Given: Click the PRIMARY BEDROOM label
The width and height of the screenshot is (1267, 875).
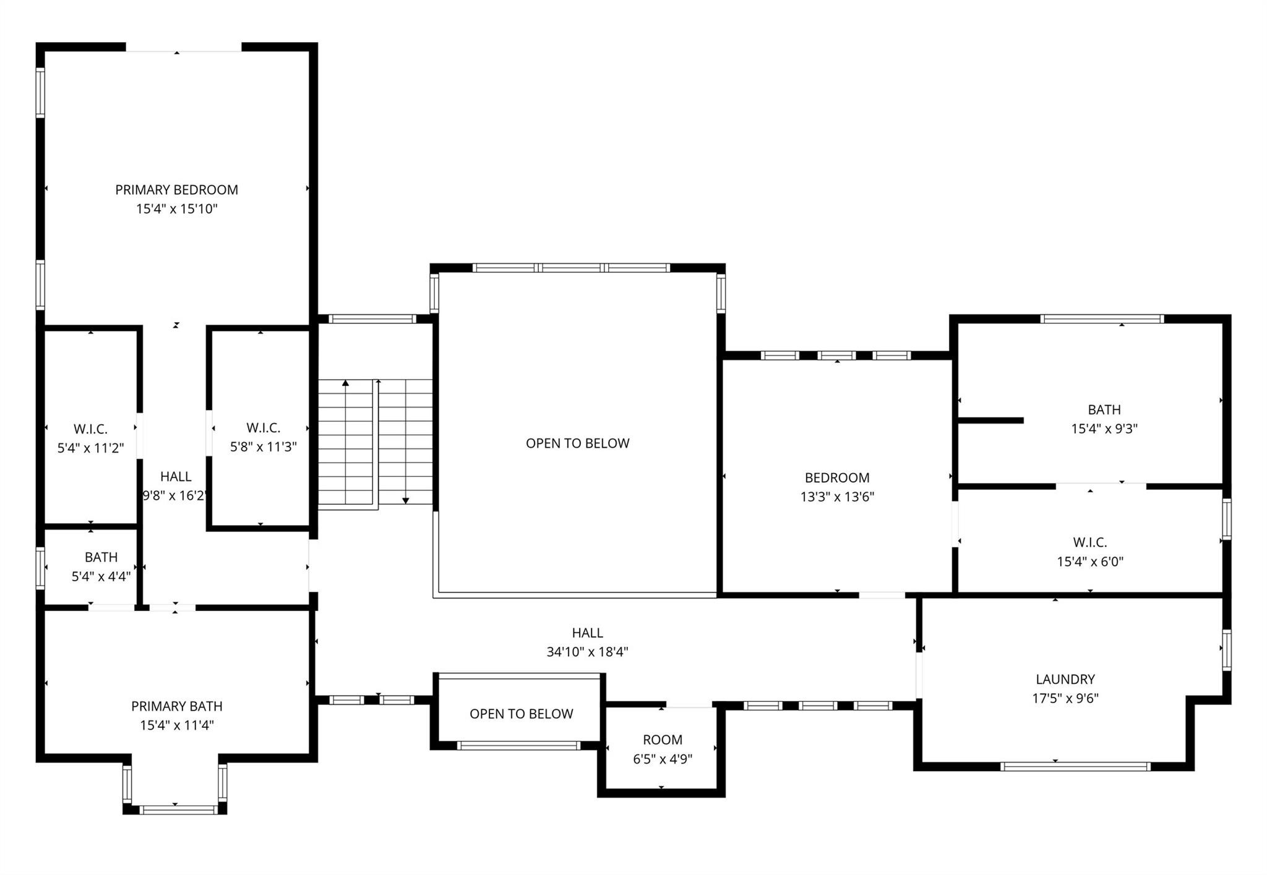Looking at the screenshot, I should [x=176, y=190].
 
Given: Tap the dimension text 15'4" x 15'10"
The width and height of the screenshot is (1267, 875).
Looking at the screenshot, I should [x=176, y=209].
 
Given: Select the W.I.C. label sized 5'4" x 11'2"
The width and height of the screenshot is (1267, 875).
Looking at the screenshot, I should [x=90, y=429].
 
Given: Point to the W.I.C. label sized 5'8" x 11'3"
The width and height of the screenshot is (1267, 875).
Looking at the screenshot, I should [x=263, y=428].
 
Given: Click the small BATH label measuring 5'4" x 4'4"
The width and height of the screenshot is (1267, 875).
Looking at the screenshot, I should [x=101, y=557].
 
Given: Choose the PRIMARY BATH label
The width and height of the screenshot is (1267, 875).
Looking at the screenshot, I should [x=176, y=706].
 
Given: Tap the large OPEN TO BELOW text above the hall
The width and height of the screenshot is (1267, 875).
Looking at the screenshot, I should [x=577, y=443].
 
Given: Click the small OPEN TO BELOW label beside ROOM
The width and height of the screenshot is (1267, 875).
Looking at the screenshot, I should [x=521, y=714].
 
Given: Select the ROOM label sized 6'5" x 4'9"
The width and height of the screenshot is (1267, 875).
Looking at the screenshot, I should [x=662, y=740].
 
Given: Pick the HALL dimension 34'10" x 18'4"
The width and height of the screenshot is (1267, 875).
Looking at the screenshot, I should [x=587, y=652].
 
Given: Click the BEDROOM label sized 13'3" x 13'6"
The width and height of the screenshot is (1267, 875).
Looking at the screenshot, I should [x=836, y=477].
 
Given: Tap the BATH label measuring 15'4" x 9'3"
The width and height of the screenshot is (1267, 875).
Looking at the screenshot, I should [x=1104, y=409].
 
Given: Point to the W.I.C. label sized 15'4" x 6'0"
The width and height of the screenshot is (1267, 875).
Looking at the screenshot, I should [x=1089, y=542].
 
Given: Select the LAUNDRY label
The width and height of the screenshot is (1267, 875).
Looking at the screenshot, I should [x=1065, y=679].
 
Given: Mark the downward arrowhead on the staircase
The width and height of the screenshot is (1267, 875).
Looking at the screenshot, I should [x=405, y=500].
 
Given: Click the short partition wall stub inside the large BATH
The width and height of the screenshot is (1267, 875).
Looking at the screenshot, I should [x=990, y=420].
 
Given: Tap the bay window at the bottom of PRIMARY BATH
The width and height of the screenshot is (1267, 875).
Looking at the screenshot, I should [x=178, y=809].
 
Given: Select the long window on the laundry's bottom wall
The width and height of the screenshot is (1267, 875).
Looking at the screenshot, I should [x=1075, y=766].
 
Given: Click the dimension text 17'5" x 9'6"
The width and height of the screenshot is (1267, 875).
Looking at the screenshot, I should [x=1065, y=698].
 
